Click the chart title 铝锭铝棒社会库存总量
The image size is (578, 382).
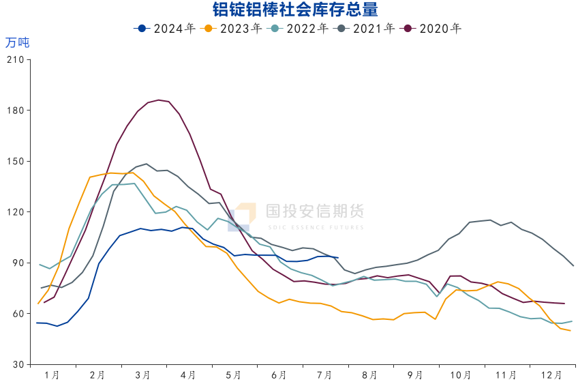(x=290, y=10)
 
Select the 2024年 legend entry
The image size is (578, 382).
(x=166, y=29)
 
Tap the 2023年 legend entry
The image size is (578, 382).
(x=233, y=29)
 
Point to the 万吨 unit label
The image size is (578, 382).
(x=18, y=42)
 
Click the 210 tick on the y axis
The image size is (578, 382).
(x=15, y=60)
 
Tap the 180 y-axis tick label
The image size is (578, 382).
(x=15, y=111)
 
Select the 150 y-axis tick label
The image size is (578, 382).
(x=15, y=162)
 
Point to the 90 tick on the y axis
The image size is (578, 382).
(x=18, y=263)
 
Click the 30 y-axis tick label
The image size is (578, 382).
(x=18, y=365)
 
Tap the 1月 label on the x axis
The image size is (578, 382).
(x=51, y=375)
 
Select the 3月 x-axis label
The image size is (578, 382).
(x=142, y=375)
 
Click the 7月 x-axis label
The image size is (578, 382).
(x=324, y=375)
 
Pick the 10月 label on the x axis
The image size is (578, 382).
(x=461, y=375)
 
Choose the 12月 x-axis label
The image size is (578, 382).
(x=551, y=375)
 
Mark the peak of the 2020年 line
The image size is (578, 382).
(x=158, y=100)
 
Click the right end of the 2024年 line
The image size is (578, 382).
(x=338, y=258)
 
